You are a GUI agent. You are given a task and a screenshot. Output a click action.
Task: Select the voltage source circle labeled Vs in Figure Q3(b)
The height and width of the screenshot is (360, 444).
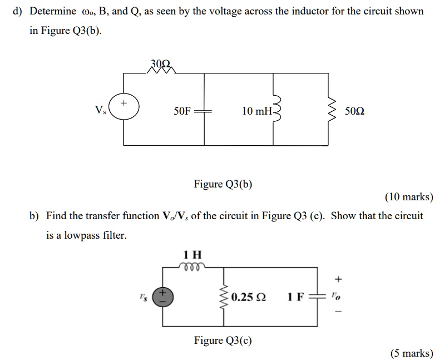(124, 109)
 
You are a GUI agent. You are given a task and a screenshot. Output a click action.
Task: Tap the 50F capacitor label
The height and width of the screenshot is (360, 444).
(182, 111)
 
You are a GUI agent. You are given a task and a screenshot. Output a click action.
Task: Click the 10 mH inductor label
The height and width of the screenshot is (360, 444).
(256, 111)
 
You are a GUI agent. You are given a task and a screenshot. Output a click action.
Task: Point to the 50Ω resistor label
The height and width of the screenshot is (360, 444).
(355, 111)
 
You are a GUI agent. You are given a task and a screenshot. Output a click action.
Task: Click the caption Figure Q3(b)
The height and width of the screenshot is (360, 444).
(223, 184)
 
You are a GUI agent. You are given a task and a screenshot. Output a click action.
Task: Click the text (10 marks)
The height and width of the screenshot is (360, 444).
(408, 197)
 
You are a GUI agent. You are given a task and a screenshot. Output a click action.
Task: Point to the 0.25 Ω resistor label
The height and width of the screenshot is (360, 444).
(249, 297)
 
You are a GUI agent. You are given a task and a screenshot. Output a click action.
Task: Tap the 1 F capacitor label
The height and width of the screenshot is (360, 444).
(295, 297)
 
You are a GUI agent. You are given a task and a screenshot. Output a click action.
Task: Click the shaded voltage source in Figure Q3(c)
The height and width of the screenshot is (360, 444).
(163, 297)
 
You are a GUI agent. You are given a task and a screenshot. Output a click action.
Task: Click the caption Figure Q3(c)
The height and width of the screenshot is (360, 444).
(223, 340)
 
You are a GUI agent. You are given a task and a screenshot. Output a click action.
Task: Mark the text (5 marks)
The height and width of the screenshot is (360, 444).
(411, 353)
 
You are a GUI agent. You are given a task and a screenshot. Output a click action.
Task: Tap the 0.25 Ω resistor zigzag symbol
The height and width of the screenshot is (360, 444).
(224, 297)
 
